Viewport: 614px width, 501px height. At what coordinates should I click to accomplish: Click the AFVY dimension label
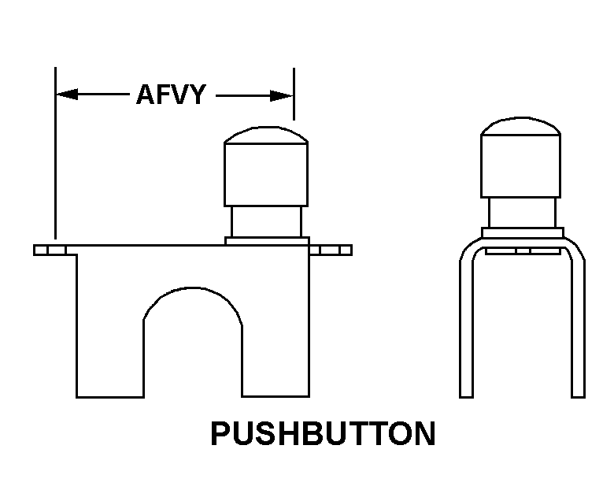(171, 95)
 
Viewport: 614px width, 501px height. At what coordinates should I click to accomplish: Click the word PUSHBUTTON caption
(323, 434)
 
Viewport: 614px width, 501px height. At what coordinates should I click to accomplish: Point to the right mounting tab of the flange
(331, 250)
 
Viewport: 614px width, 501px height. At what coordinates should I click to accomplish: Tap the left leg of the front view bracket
(109, 331)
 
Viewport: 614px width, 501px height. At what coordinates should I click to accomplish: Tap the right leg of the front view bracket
(275, 331)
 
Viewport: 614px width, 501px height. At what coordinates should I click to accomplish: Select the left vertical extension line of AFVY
(55, 158)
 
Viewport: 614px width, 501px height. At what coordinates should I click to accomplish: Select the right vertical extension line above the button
(294, 93)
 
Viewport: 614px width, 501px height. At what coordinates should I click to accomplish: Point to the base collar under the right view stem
(522, 232)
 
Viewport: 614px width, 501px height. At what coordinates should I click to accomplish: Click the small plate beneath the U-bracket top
(522, 251)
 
